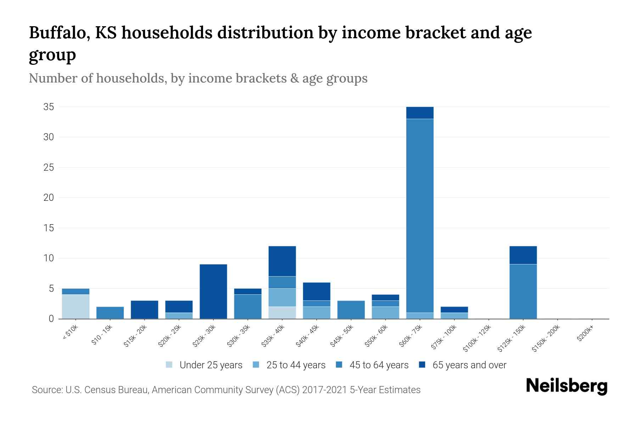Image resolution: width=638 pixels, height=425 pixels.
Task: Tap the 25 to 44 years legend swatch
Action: click(x=256, y=365)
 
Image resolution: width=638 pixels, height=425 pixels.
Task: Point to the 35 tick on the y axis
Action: click(x=49, y=107)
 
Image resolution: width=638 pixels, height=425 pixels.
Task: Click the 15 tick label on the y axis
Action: click(x=49, y=228)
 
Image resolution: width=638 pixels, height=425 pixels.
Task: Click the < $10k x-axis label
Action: click(x=70, y=332)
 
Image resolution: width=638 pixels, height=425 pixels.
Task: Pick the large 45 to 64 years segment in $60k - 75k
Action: click(x=420, y=216)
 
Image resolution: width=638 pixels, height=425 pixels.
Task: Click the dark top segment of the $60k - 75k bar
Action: click(x=420, y=113)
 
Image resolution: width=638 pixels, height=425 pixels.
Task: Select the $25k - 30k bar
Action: click(x=213, y=291)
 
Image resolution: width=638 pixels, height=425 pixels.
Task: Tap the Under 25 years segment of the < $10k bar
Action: click(x=75, y=307)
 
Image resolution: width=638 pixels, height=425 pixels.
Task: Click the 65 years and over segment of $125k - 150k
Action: click(x=523, y=255)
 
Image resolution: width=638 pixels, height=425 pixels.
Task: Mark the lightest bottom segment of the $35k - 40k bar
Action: click(x=282, y=313)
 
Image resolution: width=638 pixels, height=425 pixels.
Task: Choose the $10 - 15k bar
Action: click(x=110, y=313)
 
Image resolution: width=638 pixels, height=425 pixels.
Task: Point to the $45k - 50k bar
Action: click(x=351, y=310)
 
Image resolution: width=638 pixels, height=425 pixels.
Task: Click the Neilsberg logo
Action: click(x=566, y=386)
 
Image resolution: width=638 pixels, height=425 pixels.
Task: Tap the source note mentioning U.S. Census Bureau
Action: click(x=226, y=390)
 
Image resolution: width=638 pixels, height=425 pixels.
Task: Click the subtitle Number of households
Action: click(x=198, y=78)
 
